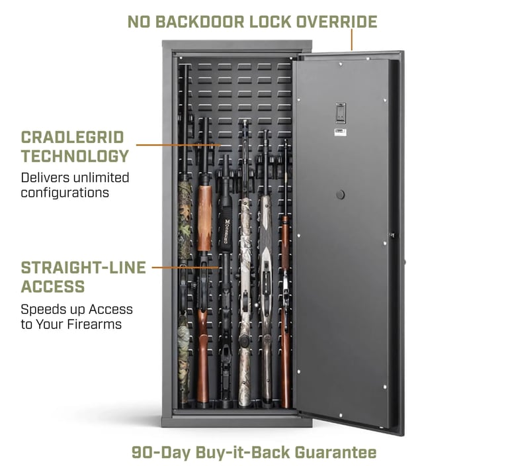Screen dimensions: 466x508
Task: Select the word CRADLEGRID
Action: coord(72,137)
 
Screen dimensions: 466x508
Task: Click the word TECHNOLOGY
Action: coord(75,157)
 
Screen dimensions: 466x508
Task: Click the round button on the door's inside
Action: coord(340,195)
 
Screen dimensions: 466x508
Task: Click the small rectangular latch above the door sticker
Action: coord(340,113)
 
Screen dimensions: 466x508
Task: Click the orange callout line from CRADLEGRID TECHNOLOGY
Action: coord(179,144)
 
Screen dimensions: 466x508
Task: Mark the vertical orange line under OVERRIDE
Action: coord(352,40)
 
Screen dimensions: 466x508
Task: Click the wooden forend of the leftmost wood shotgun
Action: coord(204,215)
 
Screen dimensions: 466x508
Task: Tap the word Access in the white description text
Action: coord(111,309)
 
